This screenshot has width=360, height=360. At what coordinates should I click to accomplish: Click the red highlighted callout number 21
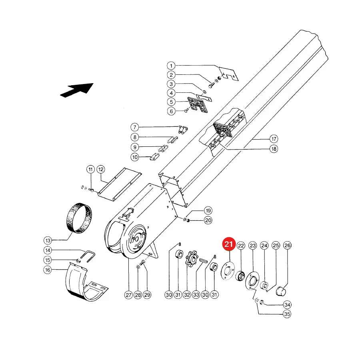pyautogui.click(x=229, y=244)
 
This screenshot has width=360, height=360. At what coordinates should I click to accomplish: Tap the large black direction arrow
pyautogui.click(x=77, y=90)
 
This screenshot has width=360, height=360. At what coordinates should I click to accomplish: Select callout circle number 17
pyautogui.click(x=274, y=139)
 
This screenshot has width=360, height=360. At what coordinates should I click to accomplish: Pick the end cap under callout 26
pyautogui.click(x=280, y=291)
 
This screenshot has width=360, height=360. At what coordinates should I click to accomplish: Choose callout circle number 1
pyautogui.click(x=171, y=66)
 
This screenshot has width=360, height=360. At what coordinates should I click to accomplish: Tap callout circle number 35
pyautogui.click(x=287, y=314)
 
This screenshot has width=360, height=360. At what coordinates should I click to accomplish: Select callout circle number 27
pyautogui.click(x=128, y=295)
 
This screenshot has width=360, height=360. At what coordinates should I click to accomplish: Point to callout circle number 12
pyautogui.click(x=100, y=170)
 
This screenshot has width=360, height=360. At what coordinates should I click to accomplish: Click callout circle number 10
pyautogui.click(x=135, y=157)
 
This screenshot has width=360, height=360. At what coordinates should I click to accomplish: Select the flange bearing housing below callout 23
pyautogui.click(x=252, y=281)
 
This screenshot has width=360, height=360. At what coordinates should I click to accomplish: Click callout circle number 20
pyautogui.click(x=208, y=220)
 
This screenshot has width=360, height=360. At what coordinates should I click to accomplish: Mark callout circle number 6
pyautogui.click(x=171, y=111)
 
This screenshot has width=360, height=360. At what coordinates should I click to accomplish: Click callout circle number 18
pyautogui.click(x=274, y=149)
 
